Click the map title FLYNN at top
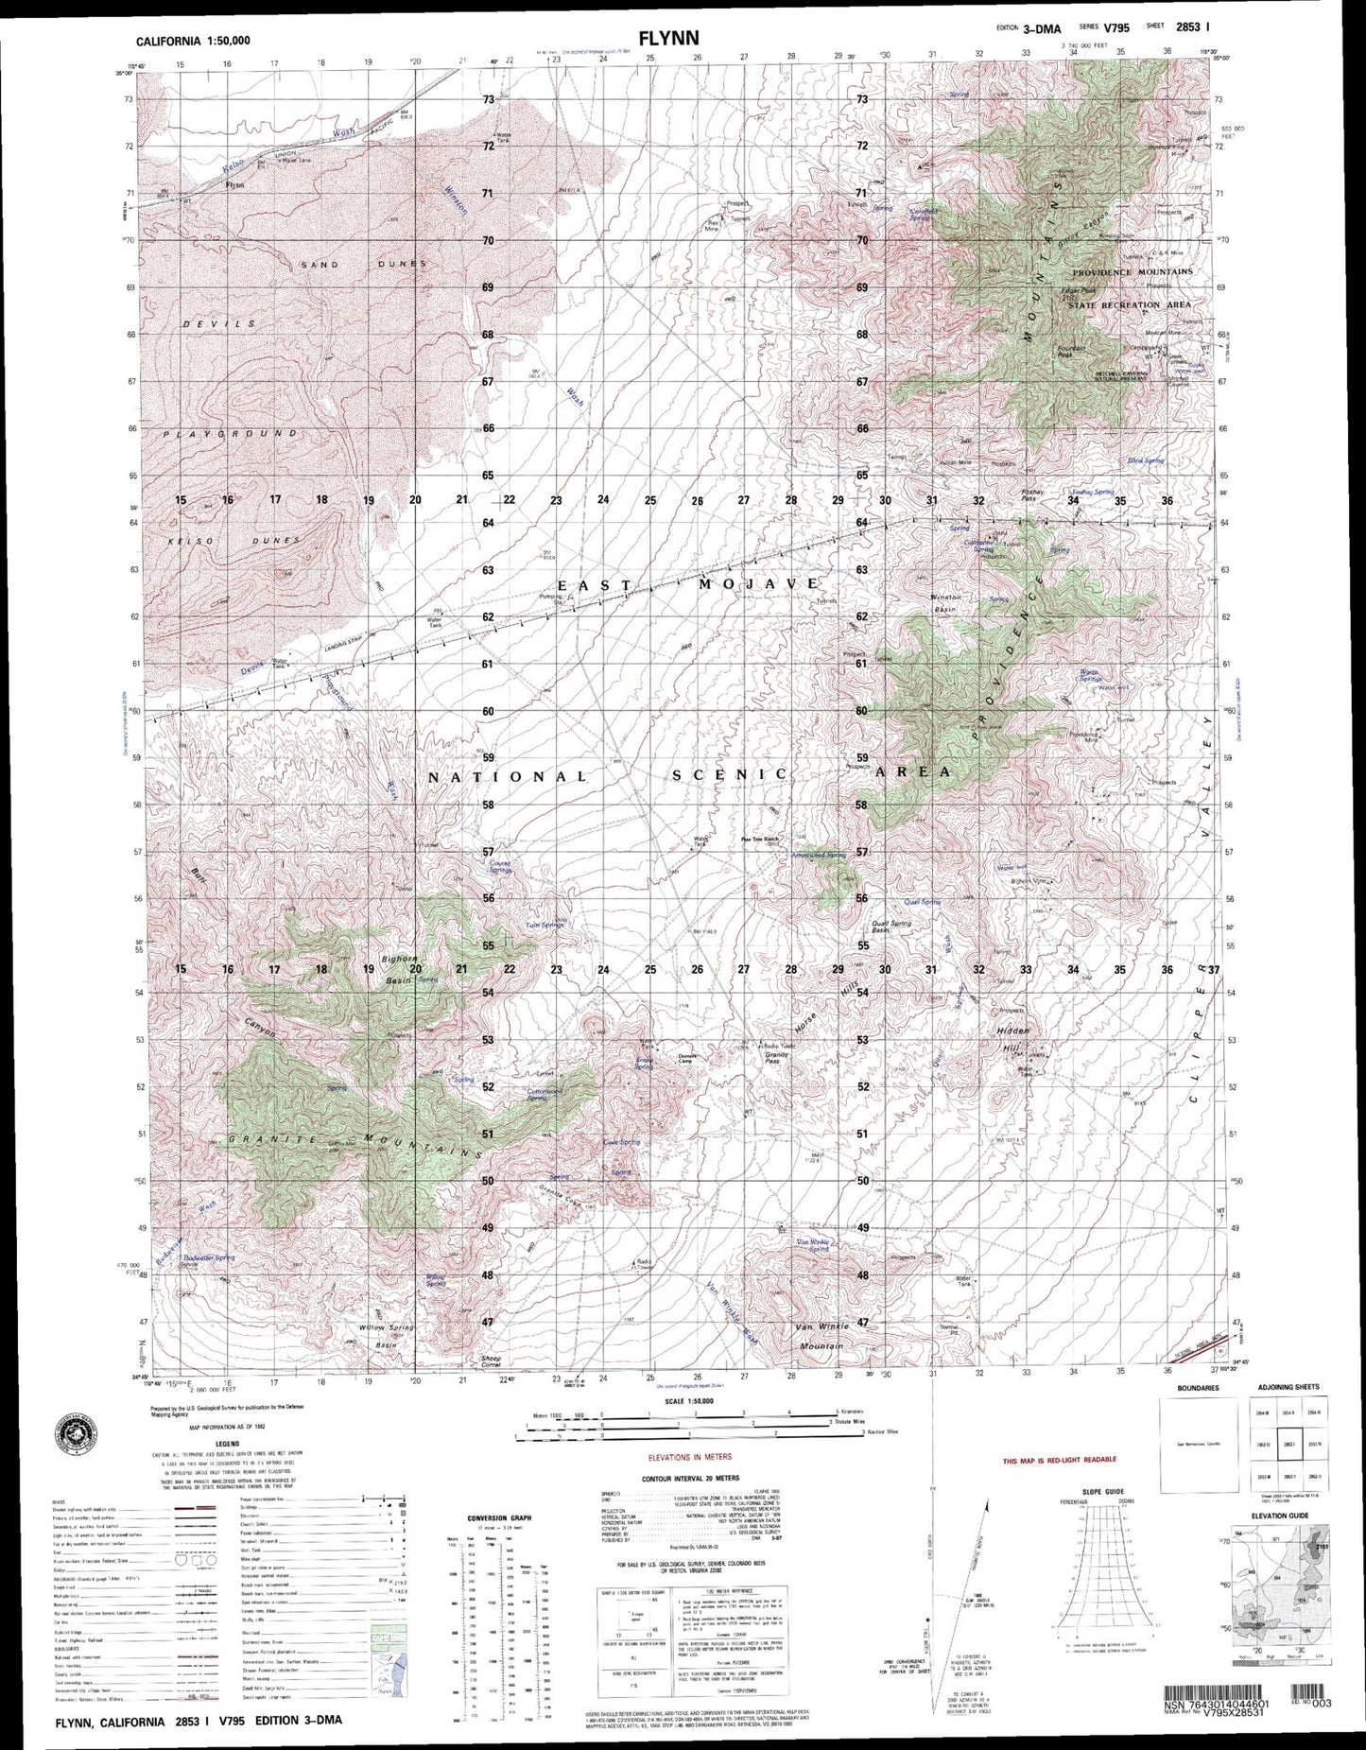point(667,39)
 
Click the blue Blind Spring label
point(1145,460)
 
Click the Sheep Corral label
point(484,1361)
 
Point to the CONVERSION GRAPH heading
point(499,1519)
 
